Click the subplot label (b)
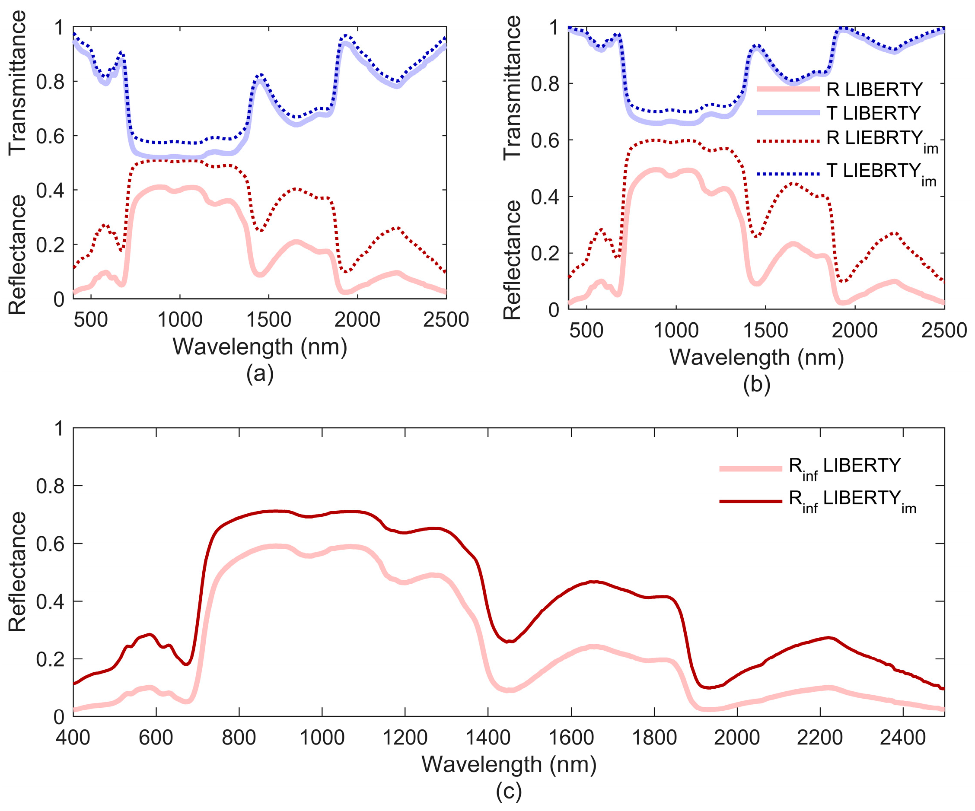(756, 385)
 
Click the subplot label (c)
(509, 792)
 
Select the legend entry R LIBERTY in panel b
(874, 89)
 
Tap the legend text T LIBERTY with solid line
(873, 113)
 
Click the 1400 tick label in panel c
(488, 737)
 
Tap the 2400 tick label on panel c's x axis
(902, 737)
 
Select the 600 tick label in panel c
(156, 737)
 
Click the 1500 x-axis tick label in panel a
(268, 320)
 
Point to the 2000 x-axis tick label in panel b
(854, 331)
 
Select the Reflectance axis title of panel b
(512, 260)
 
